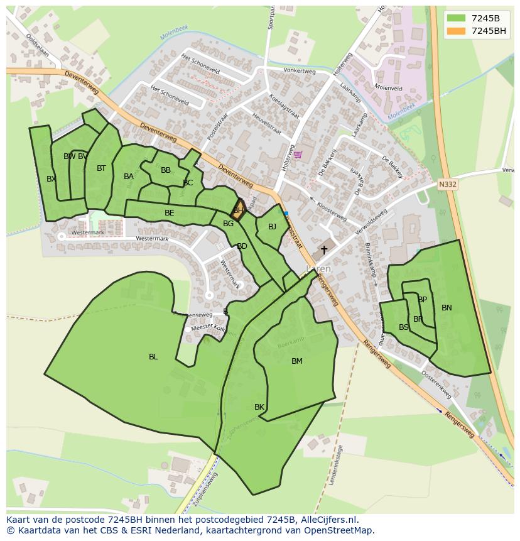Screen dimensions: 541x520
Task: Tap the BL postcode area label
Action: pyautogui.click(x=153, y=357)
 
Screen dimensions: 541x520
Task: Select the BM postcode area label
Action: pyautogui.click(x=297, y=361)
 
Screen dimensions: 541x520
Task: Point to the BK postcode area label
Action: pyautogui.click(x=259, y=407)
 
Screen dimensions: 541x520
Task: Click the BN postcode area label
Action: pyautogui.click(x=447, y=308)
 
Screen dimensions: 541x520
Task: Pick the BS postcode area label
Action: pyautogui.click(x=404, y=327)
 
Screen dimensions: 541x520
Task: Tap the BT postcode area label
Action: pyautogui.click(x=101, y=168)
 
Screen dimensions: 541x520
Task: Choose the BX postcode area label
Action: pyautogui.click(x=51, y=179)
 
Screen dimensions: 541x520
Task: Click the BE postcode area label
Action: pyautogui.click(x=170, y=213)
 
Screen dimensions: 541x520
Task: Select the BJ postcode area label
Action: pyautogui.click(x=272, y=227)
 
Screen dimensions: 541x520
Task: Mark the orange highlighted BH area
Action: pyautogui.click(x=238, y=210)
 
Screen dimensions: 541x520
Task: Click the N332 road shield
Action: pyautogui.click(x=447, y=184)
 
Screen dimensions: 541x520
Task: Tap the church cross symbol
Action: pyautogui.click(x=324, y=250)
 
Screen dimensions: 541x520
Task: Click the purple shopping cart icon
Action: pyautogui.click(x=298, y=155)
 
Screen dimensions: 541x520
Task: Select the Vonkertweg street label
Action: pyautogui.click(x=299, y=71)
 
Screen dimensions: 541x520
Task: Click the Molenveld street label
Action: pyautogui.click(x=387, y=89)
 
